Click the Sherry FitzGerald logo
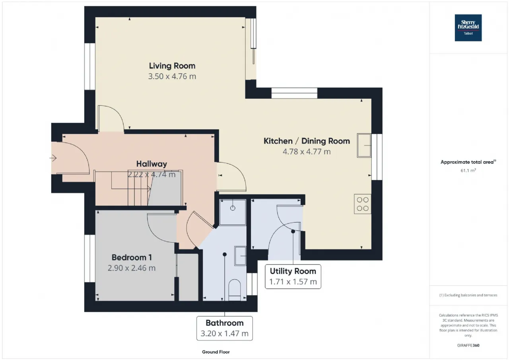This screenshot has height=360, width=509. (468, 28)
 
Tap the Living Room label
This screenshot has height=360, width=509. (172, 66)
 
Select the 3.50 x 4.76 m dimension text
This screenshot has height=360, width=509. (172, 76)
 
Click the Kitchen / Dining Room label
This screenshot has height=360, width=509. (307, 141)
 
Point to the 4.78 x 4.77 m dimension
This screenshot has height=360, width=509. (307, 152)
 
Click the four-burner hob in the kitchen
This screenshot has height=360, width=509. (362, 204)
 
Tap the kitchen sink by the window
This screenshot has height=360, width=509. (364, 146)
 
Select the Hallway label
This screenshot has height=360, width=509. (152, 164)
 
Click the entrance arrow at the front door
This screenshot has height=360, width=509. (53, 158)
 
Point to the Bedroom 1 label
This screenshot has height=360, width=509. (132, 257)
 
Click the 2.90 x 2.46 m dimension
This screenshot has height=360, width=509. (132, 268)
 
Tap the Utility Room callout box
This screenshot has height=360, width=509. (293, 276)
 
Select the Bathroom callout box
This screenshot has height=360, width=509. (225, 329)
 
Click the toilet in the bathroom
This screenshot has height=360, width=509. (235, 290)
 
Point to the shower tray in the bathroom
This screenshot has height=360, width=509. (233, 212)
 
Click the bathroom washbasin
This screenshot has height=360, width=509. (240, 256)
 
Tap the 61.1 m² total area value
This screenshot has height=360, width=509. (468, 170)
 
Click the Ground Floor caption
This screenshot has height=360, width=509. (216, 352)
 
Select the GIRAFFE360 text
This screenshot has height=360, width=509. (468, 345)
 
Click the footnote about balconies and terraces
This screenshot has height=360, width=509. (468, 295)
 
